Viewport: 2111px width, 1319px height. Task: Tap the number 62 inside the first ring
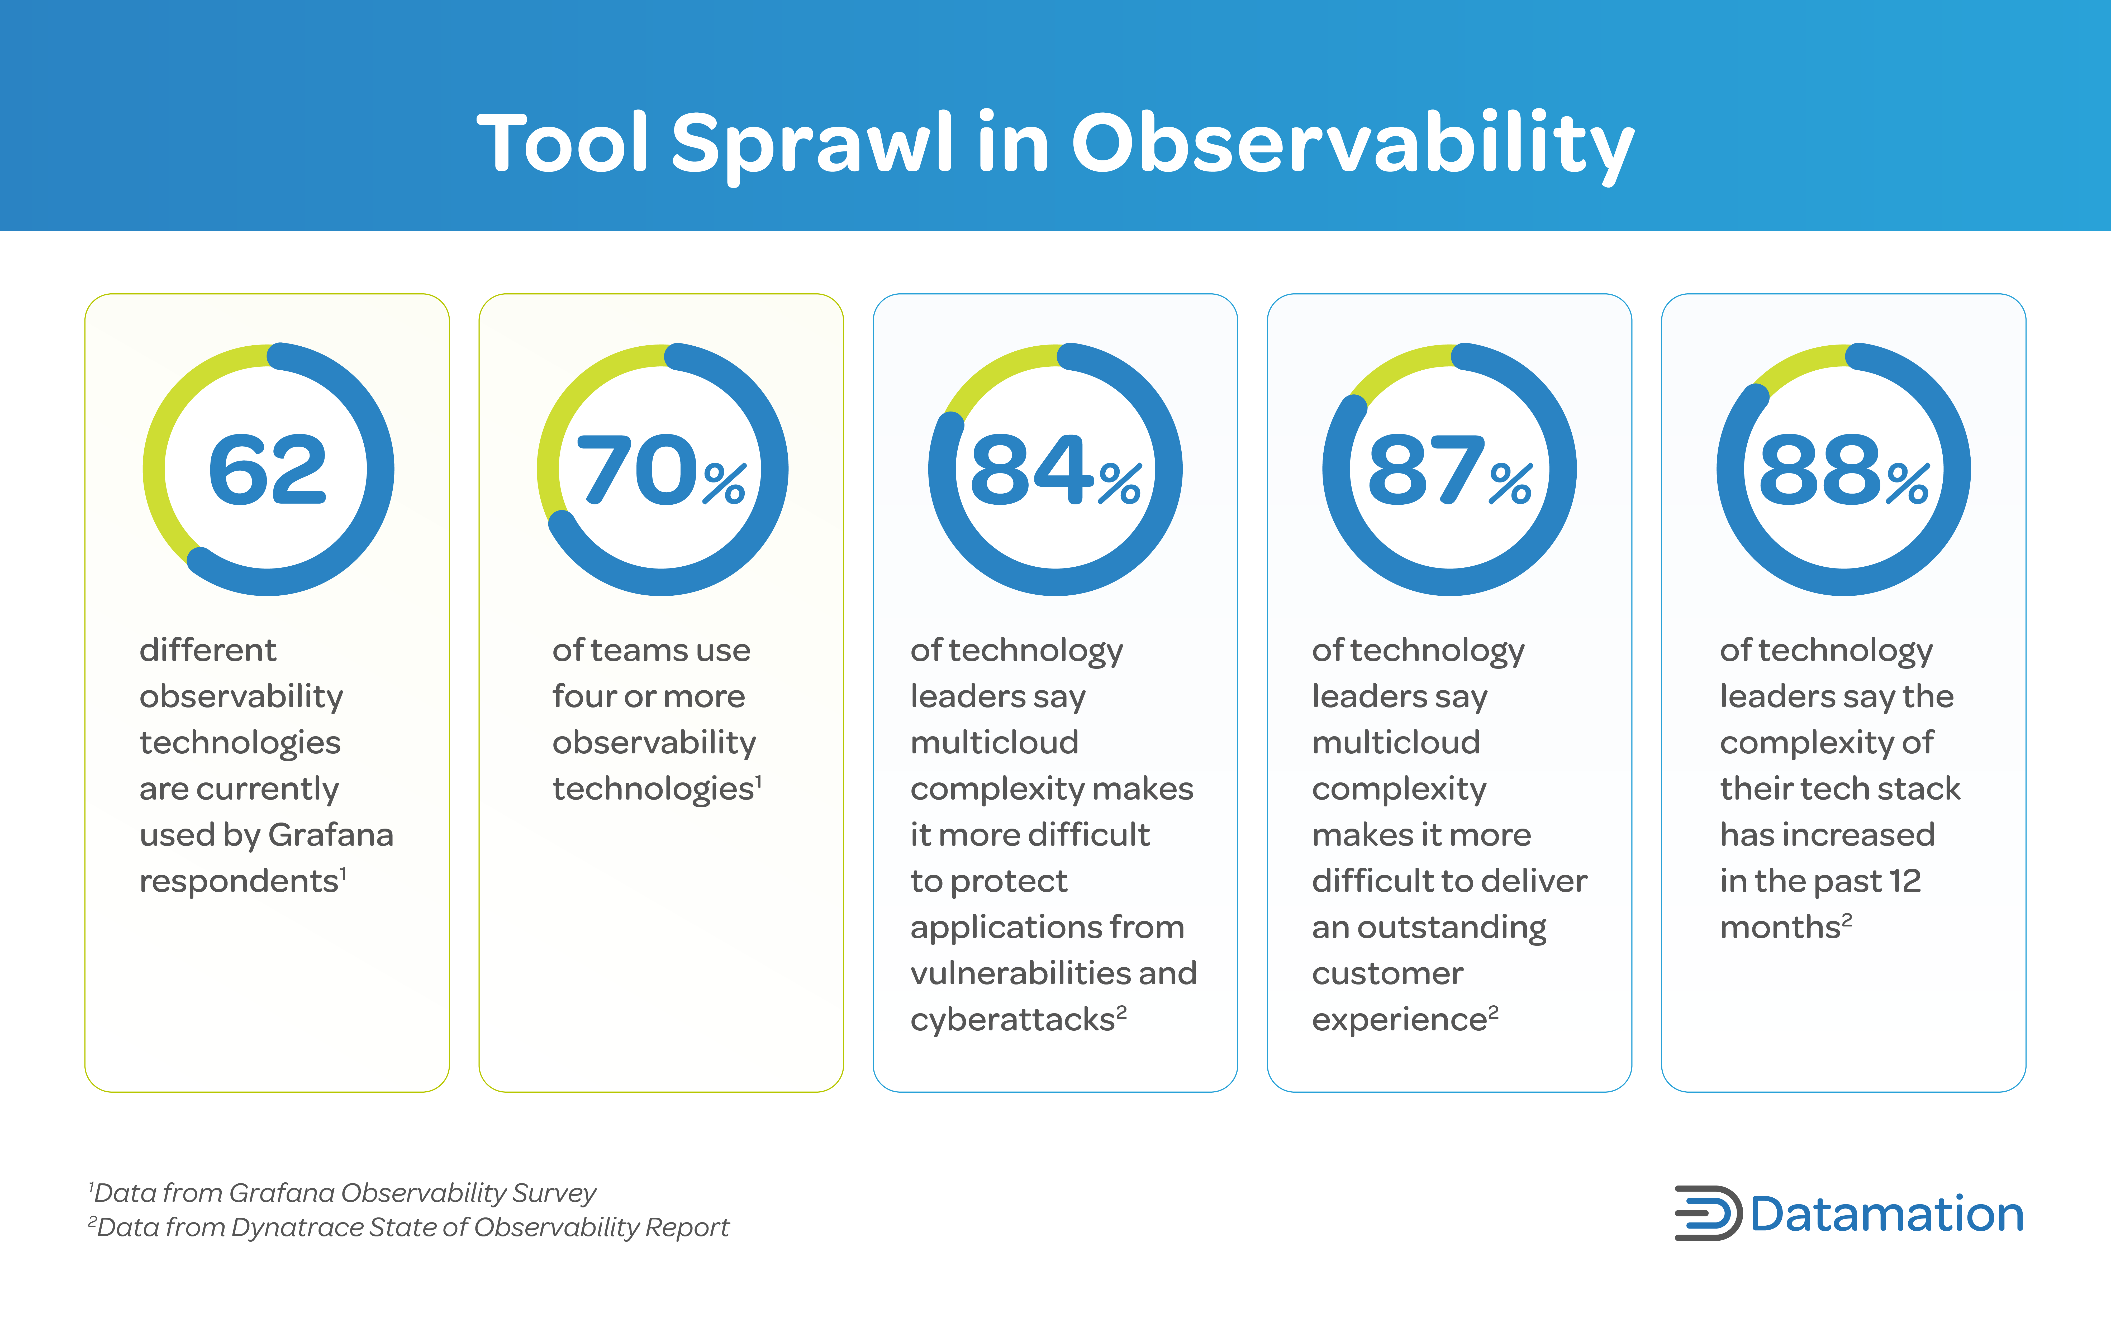point(268,471)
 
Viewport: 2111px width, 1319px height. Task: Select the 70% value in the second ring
point(661,471)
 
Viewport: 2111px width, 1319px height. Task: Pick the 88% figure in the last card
point(1843,471)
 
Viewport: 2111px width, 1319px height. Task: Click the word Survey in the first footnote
point(554,1193)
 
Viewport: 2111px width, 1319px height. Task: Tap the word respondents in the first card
point(238,881)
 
